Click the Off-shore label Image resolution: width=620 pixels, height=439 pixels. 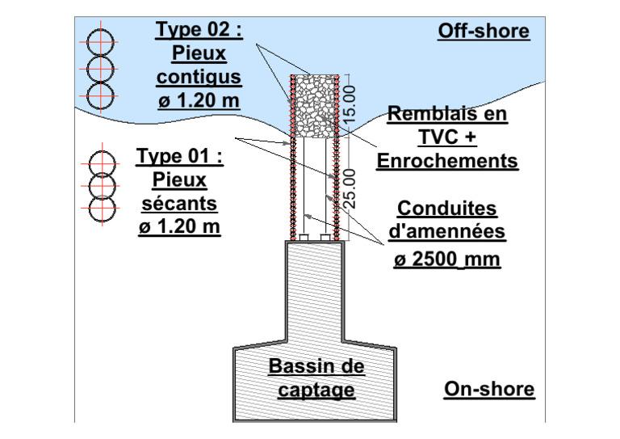[x=483, y=32]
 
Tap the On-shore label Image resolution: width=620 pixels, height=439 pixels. [x=489, y=389]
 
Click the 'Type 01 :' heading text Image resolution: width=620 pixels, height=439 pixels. [x=179, y=155]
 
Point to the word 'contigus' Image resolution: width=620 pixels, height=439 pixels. [x=199, y=78]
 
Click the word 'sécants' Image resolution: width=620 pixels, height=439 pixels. [x=179, y=202]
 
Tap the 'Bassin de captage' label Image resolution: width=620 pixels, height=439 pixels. [x=316, y=378]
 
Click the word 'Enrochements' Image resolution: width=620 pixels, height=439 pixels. [x=447, y=161]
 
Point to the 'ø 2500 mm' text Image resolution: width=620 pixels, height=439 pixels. [x=447, y=260]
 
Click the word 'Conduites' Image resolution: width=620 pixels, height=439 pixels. [x=447, y=209]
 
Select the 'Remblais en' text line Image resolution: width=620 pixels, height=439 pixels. [x=447, y=114]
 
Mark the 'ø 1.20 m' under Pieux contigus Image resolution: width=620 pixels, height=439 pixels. [x=199, y=101]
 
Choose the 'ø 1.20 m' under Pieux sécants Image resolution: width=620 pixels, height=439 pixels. [x=179, y=226]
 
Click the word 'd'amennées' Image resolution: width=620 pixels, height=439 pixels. [x=447, y=233]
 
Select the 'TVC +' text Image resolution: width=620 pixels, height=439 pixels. [x=447, y=137]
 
